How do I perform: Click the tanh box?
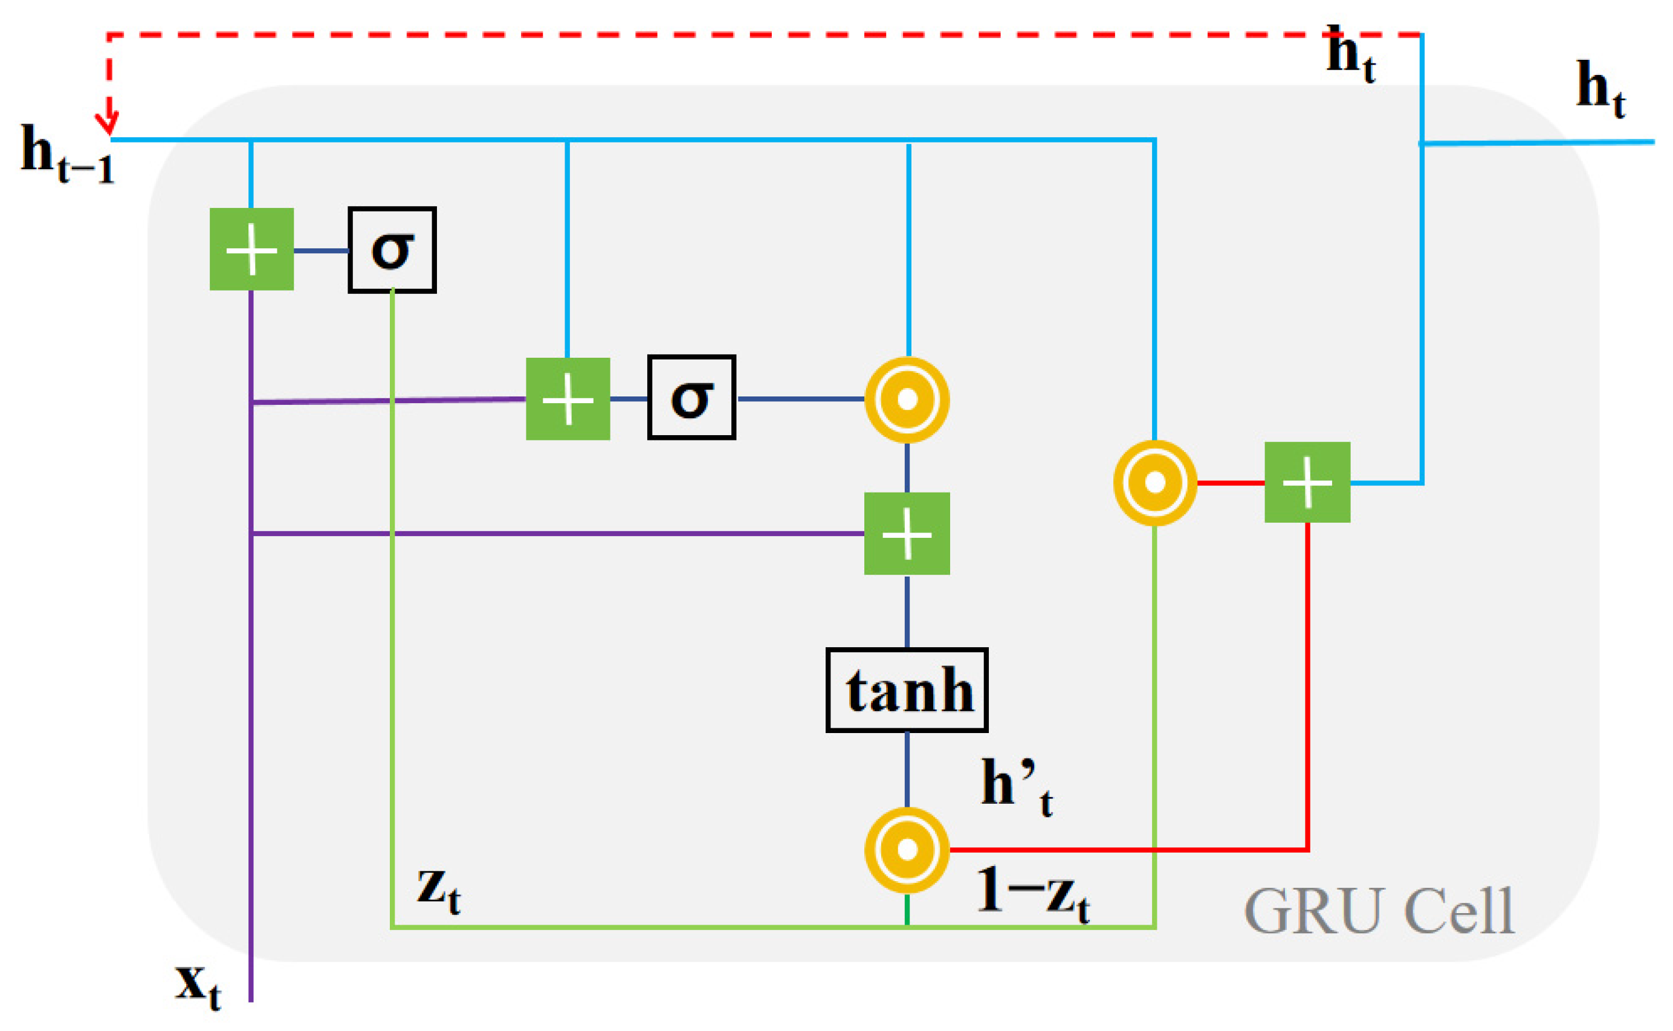(x=906, y=690)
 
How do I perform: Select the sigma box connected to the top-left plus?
(x=392, y=250)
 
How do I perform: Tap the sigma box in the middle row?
(x=691, y=398)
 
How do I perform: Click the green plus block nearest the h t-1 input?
(x=251, y=250)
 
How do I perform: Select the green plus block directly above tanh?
(x=907, y=534)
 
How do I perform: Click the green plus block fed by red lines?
(x=1307, y=483)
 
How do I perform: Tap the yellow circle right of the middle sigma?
(x=907, y=399)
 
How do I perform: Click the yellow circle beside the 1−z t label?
(x=907, y=850)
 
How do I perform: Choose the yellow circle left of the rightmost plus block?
(x=1155, y=483)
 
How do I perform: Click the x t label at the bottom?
(x=198, y=985)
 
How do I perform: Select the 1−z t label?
(x=1032, y=893)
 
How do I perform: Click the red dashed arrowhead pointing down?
(x=107, y=123)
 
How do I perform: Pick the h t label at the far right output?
(x=1600, y=89)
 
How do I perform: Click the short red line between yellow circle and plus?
(x=1231, y=483)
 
